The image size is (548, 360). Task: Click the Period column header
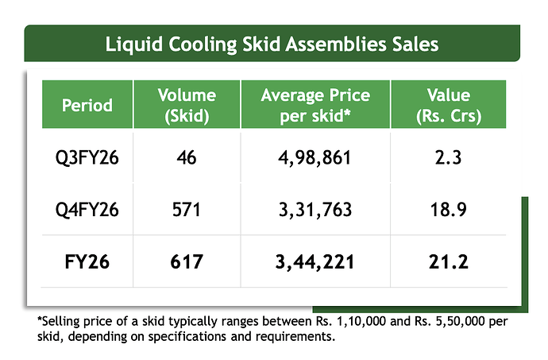coord(87,105)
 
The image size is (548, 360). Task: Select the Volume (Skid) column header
coord(187,106)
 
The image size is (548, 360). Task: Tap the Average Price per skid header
coord(315,106)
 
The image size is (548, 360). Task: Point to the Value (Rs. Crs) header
coord(449,106)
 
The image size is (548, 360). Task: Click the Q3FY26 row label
coord(87,158)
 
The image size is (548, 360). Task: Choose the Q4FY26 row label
coord(87,210)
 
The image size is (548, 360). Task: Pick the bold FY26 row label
coord(87,261)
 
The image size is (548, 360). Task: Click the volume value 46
coord(187,157)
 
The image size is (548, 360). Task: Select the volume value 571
coord(187,210)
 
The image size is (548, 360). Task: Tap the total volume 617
coord(187,261)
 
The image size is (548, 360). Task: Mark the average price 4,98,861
coord(315,158)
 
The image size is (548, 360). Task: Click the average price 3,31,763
coord(315,211)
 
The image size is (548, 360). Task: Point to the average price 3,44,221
coord(315,262)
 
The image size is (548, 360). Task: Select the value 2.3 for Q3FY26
coord(449,157)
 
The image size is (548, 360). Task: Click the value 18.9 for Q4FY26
coord(449,210)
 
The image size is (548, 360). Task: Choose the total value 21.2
coord(449,261)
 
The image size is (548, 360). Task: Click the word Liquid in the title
coord(134,45)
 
